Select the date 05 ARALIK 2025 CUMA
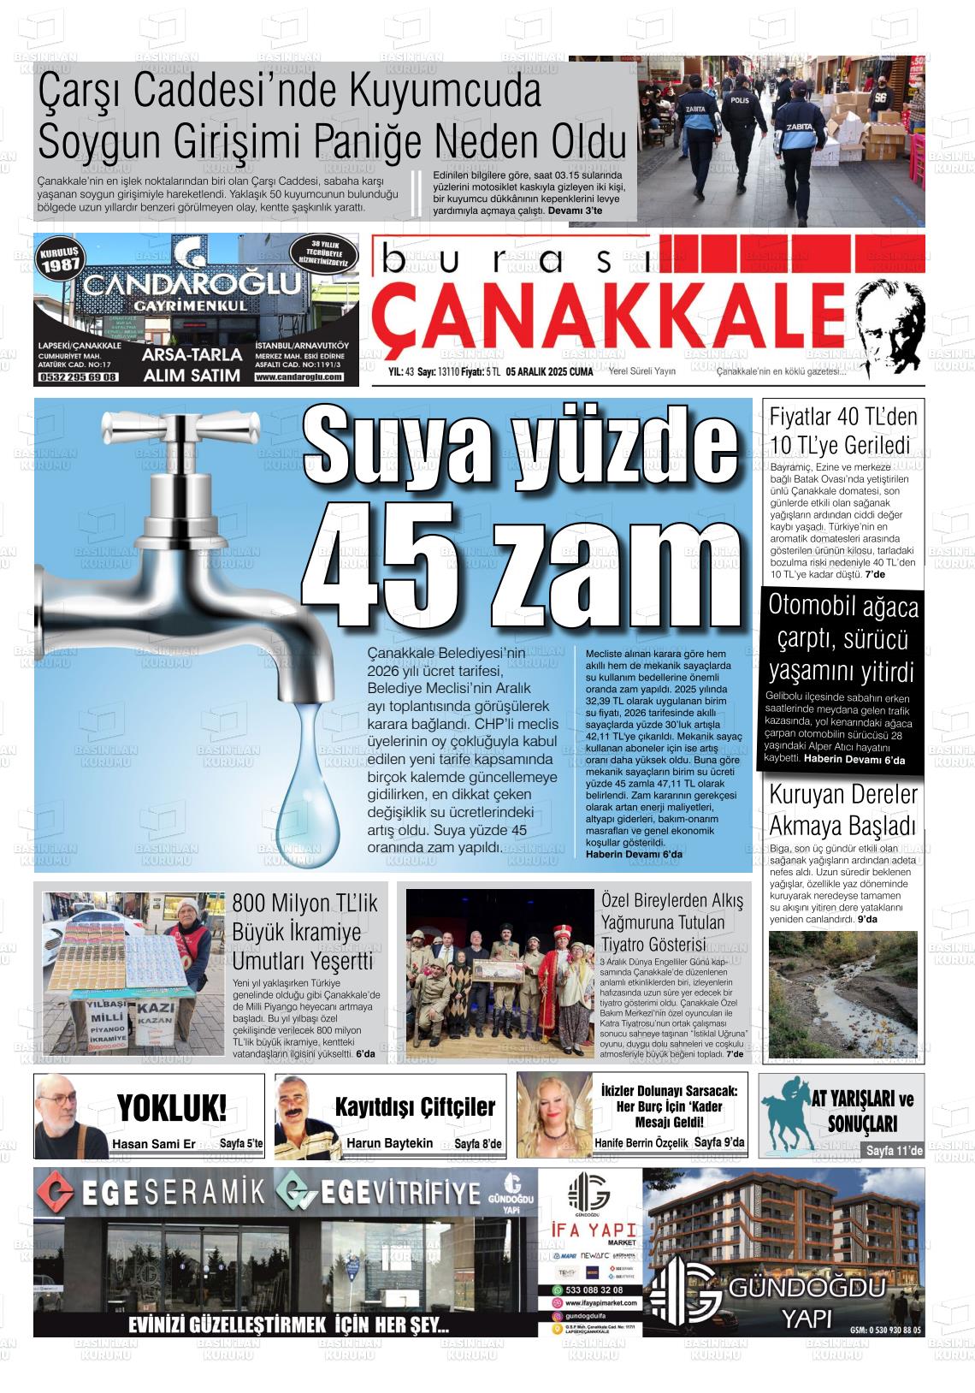549,372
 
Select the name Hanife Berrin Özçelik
641,1143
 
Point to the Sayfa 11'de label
894,1151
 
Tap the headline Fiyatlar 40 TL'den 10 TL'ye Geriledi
842,431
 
